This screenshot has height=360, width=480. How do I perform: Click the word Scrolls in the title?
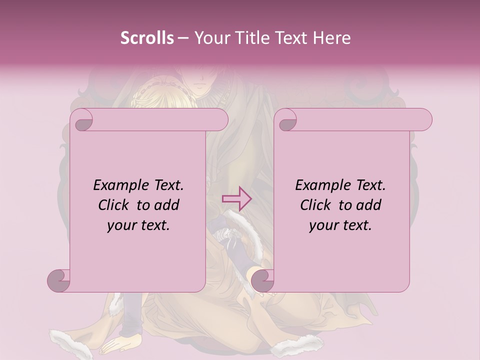click(x=147, y=38)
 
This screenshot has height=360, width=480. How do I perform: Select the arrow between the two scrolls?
click(x=236, y=199)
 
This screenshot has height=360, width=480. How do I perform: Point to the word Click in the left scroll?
click(x=114, y=205)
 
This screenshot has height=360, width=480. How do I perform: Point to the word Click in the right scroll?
click(x=316, y=205)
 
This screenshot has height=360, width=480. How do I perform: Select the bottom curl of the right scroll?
click(x=262, y=280)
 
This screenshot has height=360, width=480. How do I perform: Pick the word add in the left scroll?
click(x=167, y=205)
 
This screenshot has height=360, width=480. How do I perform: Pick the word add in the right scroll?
click(x=369, y=205)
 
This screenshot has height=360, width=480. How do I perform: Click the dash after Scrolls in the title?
click(x=183, y=38)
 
